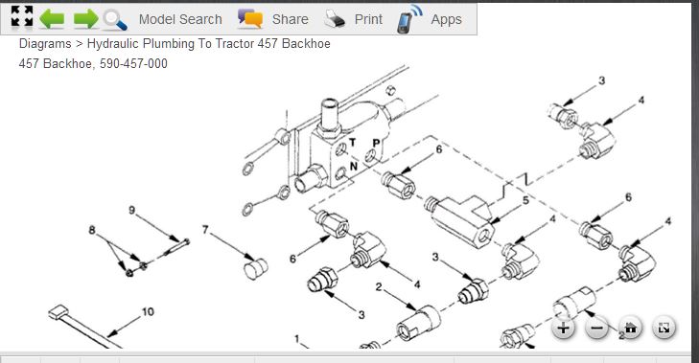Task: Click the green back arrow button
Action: pos(52,19)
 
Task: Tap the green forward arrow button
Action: pos(86,19)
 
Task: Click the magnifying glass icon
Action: pos(115,20)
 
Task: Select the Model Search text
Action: pos(180,19)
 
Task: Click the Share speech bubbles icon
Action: pos(249,19)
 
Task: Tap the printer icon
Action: pos(335,19)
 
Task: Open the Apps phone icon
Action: pos(409,19)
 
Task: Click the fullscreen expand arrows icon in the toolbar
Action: pos(22,17)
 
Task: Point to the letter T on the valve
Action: pos(352,143)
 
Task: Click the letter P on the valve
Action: pos(376,144)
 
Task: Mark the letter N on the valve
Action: pos(354,166)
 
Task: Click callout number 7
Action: pos(205,229)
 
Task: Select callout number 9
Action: pos(132,210)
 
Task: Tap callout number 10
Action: pos(148,312)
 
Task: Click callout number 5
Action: pos(525,200)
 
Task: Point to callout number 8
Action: pos(92,230)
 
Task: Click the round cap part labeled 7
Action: pos(256,268)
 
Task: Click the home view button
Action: pos(630,329)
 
